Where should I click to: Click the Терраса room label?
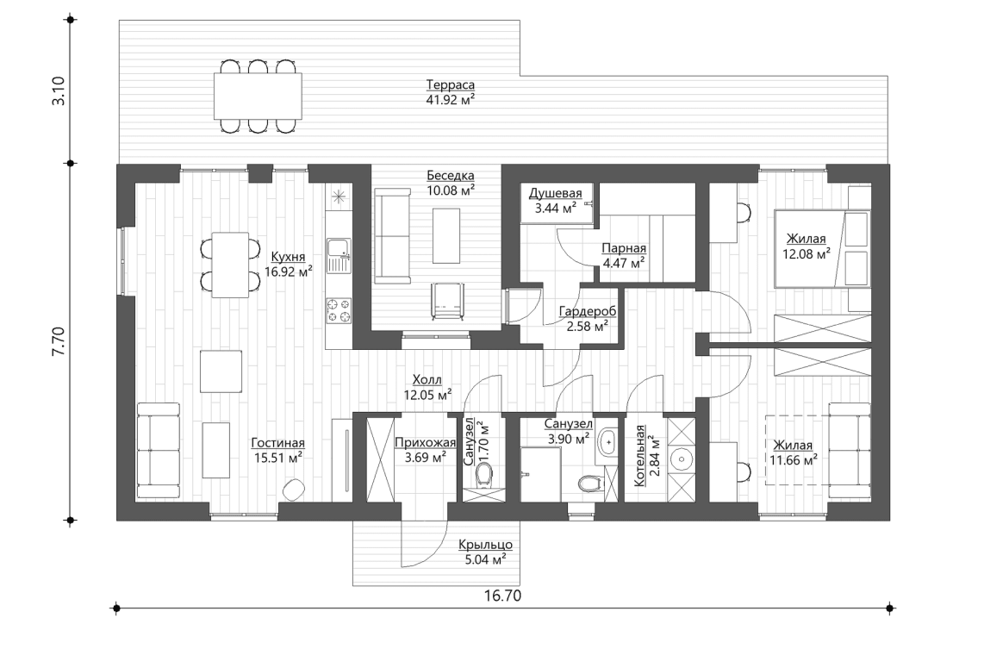(451, 84)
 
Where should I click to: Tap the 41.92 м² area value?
(451, 99)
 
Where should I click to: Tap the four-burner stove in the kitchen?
(337, 310)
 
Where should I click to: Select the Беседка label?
(450, 175)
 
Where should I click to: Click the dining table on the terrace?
(258, 96)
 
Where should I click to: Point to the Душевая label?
(556, 193)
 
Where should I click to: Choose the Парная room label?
(623, 247)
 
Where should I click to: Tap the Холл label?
(427, 380)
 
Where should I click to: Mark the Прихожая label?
(425, 443)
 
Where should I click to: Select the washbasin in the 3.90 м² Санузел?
(607, 441)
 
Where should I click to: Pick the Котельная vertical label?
(640, 457)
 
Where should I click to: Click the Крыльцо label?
(486, 544)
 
